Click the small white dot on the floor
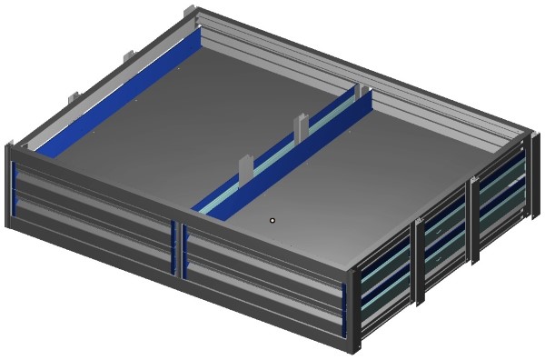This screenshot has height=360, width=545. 272,220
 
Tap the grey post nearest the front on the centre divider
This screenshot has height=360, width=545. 244,169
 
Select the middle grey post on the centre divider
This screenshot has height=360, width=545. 301,128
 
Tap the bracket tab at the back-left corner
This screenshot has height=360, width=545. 188,13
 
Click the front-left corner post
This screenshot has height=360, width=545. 10,187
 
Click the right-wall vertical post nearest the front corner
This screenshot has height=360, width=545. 419,260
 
